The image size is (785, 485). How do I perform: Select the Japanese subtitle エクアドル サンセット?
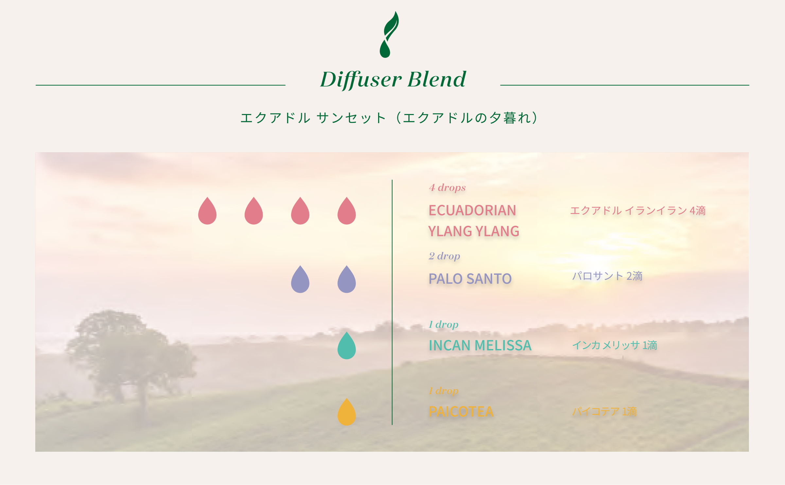[x=313, y=118]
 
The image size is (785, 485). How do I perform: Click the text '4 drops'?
[x=447, y=188]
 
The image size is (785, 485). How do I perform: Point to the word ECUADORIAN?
[x=472, y=210]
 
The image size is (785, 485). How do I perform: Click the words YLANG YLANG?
[x=474, y=231]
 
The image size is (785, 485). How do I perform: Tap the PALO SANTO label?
[x=470, y=279]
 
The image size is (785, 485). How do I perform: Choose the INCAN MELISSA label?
[x=480, y=345]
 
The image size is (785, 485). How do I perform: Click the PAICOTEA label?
[x=461, y=412]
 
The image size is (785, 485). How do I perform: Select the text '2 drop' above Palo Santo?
[x=445, y=256]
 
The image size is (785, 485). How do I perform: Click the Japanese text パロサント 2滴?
[x=607, y=276]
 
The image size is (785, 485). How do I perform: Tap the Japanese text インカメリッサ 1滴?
[x=615, y=345]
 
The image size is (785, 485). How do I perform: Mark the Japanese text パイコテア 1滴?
[x=604, y=411]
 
